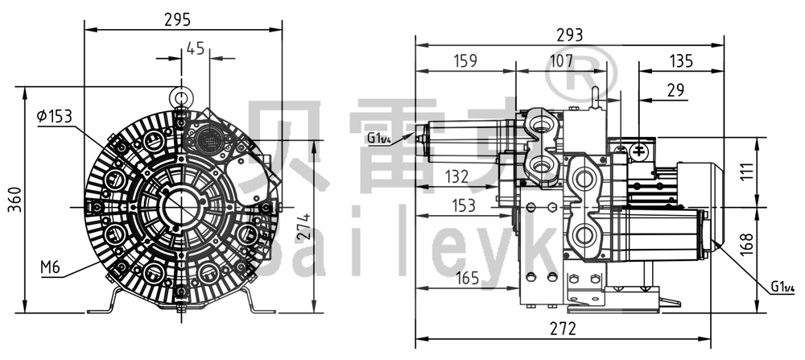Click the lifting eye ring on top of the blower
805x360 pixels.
point(182,97)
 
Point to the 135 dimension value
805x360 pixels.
point(680,60)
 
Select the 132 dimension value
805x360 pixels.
point(459,176)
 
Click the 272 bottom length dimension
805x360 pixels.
point(564,328)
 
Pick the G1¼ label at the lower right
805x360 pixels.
point(784,287)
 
